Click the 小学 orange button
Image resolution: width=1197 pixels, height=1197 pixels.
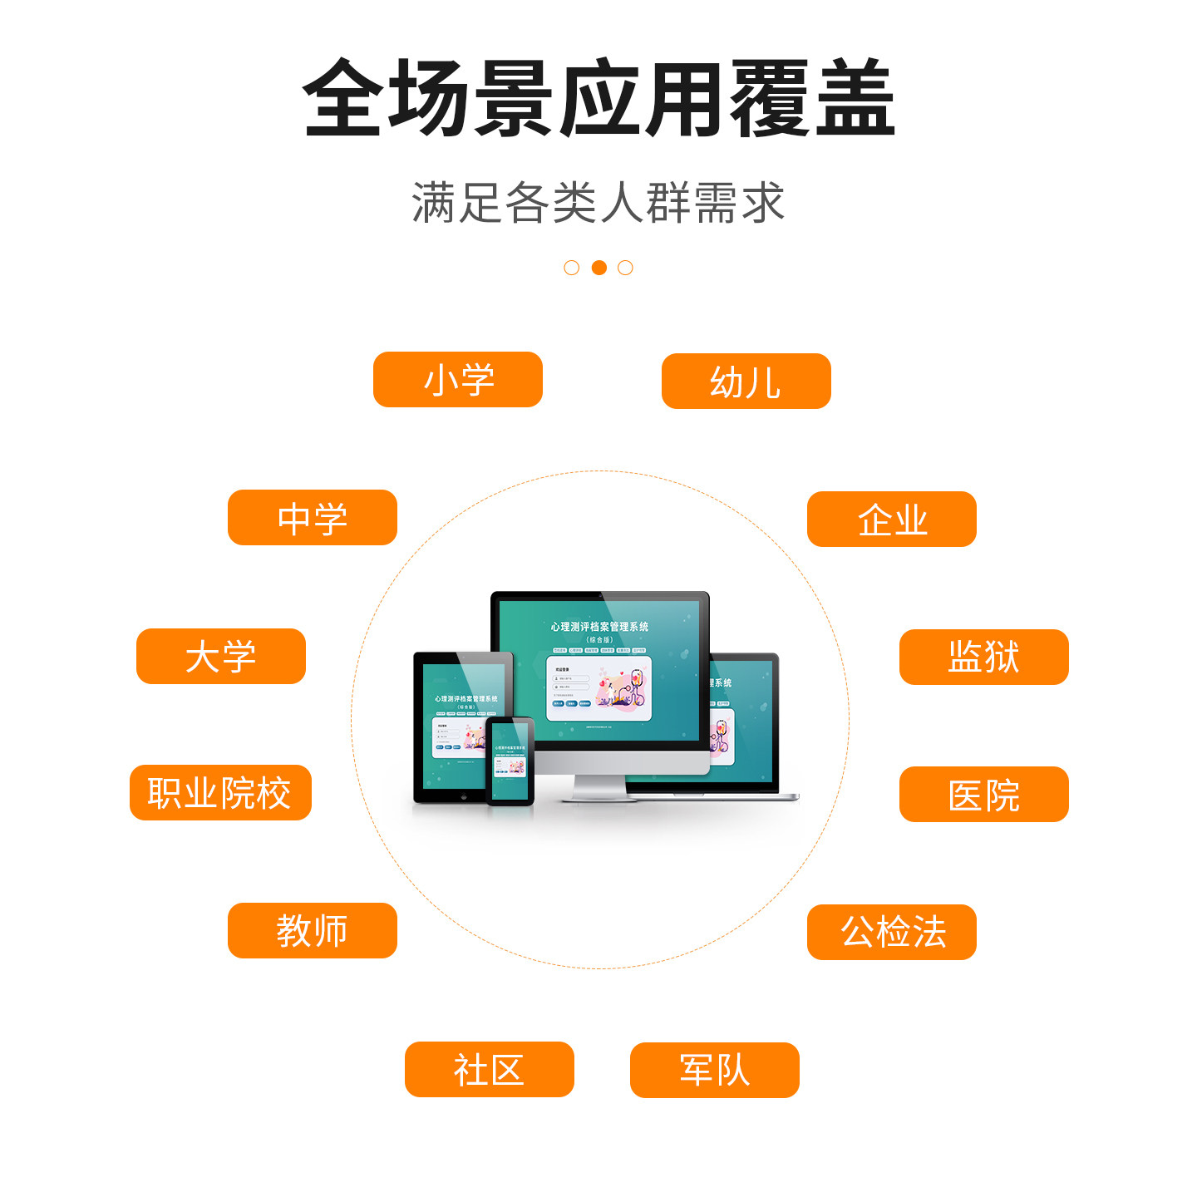(x=458, y=380)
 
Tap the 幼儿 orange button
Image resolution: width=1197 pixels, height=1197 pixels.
(x=746, y=382)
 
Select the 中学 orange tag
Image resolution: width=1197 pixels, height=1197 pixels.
(x=313, y=518)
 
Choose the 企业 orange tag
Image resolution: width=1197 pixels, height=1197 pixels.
(x=892, y=520)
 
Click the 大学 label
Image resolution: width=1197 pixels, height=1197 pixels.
(x=221, y=657)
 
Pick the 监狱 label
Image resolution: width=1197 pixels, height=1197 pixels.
(x=984, y=658)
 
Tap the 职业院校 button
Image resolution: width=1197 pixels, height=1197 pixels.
(x=220, y=793)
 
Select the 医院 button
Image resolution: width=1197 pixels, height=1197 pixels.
(x=984, y=795)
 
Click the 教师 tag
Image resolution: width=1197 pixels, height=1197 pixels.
(x=313, y=931)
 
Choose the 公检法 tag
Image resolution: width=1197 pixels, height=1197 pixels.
(x=892, y=933)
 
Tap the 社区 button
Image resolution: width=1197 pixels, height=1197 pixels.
(x=490, y=1070)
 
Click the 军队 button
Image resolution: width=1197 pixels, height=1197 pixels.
(x=715, y=1071)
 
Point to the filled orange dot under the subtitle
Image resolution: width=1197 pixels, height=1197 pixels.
(x=598, y=268)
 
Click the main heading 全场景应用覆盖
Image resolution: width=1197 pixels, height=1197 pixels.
(x=598, y=98)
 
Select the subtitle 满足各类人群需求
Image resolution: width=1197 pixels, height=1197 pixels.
(x=598, y=203)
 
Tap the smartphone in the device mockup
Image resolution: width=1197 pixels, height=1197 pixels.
(x=510, y=761)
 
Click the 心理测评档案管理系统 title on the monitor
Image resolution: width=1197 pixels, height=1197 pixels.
(x=599, y=627)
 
